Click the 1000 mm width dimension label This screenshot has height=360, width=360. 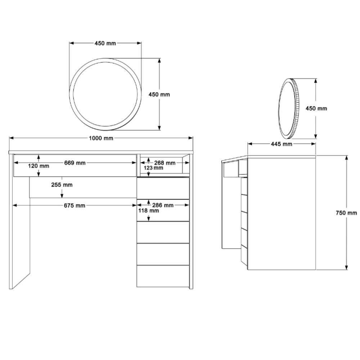point(101,138)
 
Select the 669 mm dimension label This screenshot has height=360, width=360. point(75,163)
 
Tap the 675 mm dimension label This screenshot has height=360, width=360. point(75,206)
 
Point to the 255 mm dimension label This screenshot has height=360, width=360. point(62,185)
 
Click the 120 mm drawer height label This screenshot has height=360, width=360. point(39,166)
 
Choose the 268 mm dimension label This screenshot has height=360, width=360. point(165,163)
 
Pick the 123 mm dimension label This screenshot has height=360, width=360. point(153,168)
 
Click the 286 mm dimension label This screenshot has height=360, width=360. point(163,205)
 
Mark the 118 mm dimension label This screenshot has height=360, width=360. point(148,211)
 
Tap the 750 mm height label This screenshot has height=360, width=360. point(346,213)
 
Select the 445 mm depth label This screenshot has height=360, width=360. point(282,144)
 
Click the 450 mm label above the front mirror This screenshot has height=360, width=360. point(105,43)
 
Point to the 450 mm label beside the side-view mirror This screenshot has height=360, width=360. point(316,108)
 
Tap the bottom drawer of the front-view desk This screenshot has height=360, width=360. point(163,276)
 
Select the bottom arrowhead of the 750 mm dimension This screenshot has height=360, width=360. point(346,267)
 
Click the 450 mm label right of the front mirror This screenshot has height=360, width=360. point(159,94)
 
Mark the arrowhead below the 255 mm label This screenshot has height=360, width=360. point(62,195)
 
